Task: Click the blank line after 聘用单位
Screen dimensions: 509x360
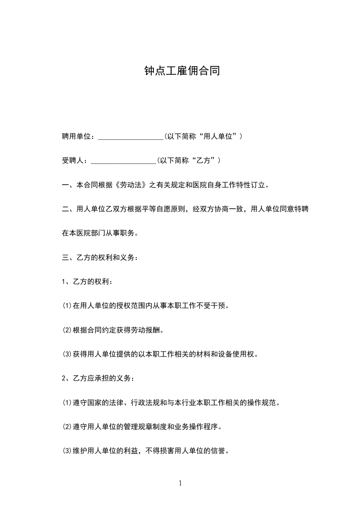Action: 130,137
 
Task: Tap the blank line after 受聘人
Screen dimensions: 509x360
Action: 123,162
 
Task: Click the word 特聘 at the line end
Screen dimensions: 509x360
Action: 303,210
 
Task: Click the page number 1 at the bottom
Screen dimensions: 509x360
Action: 180,484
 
